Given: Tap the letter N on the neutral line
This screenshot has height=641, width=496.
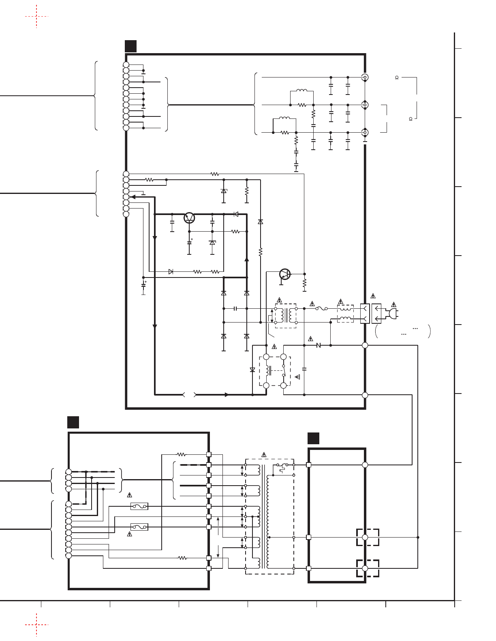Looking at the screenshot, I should tap(319, 345).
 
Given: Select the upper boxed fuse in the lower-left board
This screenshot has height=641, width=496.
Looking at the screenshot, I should tap(139, 506).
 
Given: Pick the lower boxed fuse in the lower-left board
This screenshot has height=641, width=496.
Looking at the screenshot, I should tap(139, 527).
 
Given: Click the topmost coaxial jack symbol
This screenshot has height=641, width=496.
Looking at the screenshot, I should tap(365, 77).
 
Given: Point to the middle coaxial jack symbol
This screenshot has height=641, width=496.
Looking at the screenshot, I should tap(365, 105).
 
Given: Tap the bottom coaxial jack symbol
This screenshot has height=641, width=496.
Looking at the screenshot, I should tap(365, 132).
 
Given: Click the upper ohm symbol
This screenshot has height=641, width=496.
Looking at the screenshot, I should tap(397, 77).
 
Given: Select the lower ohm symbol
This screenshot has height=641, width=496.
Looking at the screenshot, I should tap(410, 119).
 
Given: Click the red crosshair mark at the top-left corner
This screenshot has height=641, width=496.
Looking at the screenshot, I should tap(36, 17).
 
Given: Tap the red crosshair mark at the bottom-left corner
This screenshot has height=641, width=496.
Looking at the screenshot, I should tap(36, 625).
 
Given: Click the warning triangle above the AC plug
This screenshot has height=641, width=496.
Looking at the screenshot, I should tap(393, 305).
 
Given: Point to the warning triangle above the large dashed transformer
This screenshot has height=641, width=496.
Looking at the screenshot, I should tap(264, 454).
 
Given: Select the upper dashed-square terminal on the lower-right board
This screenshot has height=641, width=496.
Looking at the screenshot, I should tap(367, 537).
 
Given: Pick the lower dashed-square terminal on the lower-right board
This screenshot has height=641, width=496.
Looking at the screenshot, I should tap(367, 568).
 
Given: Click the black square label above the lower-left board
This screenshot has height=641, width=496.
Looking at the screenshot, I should tap(73, 422).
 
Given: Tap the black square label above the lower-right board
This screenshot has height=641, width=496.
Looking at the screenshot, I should tap(313, 438).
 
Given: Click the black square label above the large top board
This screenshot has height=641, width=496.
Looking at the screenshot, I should tap(130, 46).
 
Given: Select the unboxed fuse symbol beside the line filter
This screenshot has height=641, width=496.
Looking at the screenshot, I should tap(321, 309).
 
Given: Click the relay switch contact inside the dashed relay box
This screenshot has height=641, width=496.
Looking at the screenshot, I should tap(284, 371).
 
